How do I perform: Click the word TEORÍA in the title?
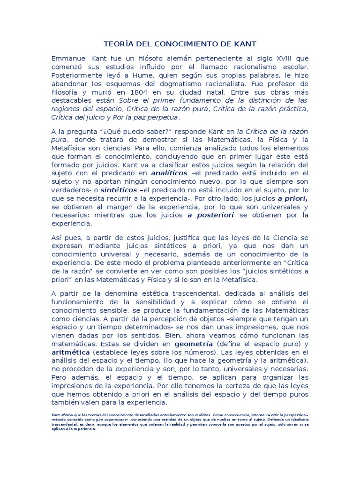point(117,44)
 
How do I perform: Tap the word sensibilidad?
point(170,301)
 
